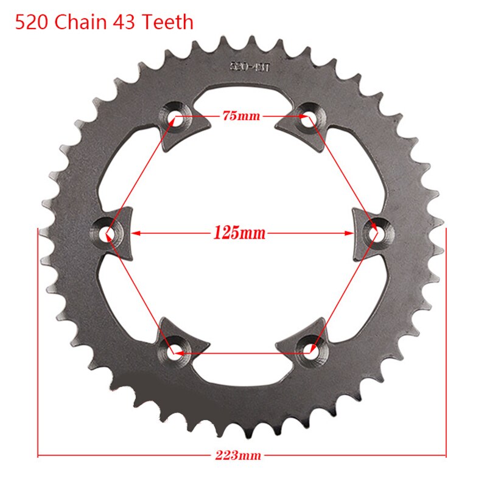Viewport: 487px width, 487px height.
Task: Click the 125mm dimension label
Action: pos(240,233)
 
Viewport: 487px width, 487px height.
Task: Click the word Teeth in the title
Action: pos(169,23)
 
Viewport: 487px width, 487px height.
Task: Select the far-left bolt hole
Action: pos(109,233)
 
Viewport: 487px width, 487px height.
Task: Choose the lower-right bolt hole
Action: pos(310,349)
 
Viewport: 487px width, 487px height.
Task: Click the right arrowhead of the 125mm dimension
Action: pos(351,232)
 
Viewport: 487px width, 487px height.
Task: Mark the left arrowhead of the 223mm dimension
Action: pos(41,455)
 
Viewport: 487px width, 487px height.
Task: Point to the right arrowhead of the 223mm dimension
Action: pos(443,455)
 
